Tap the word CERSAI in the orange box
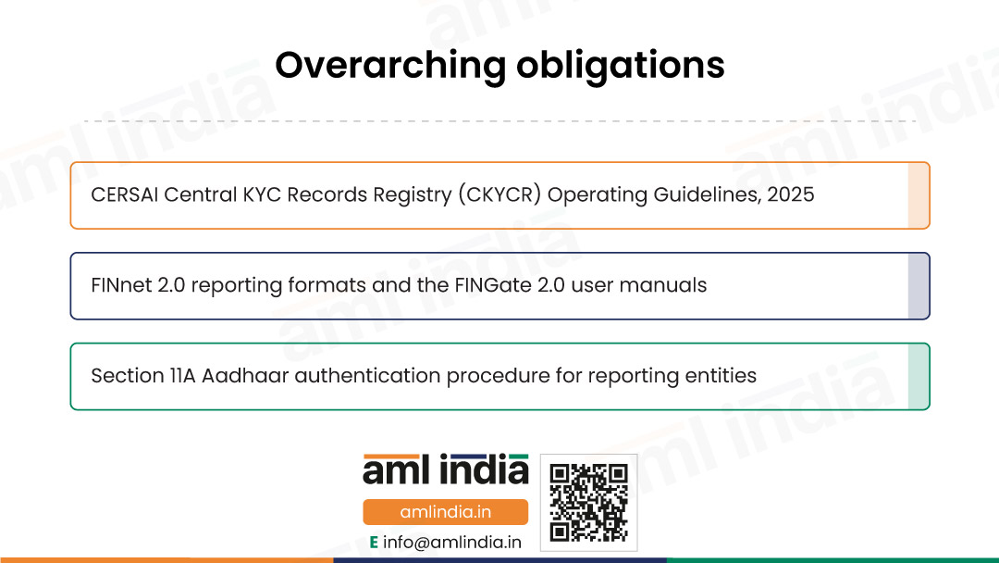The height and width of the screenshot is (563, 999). coord(124,194)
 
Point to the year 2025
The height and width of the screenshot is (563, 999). coord(791,194)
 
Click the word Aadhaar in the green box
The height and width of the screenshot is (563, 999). coord(244,376)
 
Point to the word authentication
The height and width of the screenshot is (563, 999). coord(367,376)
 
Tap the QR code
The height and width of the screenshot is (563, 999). coord(588,503)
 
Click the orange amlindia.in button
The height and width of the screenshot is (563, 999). coord(445,512)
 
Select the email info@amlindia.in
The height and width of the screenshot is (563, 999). coord(452,543)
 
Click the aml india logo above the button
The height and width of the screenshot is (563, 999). coord(445,469)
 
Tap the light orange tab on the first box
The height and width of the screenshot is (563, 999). coord(919,195)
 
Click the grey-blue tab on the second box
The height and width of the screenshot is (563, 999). coord(919,285)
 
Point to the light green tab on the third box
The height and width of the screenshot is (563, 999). coord(919,376)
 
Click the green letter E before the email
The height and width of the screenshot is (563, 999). coord(374,543)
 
